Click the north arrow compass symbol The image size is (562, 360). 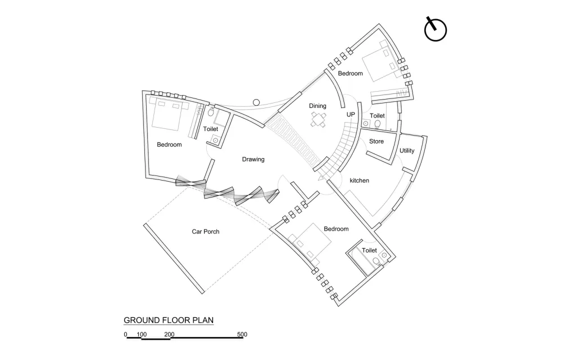(x=435, y=30)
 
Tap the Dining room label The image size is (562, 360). (x=318, y=106)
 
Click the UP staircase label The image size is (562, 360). (x=351, y=114)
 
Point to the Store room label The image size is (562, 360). (x=377, y=141)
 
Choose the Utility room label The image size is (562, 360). (x=407, y=151)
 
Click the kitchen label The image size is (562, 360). (x=360, y=181)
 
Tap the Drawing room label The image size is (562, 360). (x=253, y=159)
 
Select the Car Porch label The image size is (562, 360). (x=206, y=231)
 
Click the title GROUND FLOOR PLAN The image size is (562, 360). (x=169, y=320)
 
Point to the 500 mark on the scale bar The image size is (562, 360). (x=242, y=334)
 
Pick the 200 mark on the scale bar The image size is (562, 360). (x=169, y=334)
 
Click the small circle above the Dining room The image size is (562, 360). (x=256, y=102)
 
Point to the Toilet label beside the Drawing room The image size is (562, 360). (x=211, y=129)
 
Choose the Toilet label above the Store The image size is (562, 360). (x=377, y=115)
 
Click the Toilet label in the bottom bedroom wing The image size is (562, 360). (x=369, y=250)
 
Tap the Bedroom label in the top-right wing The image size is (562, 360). (x=350, y=73)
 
